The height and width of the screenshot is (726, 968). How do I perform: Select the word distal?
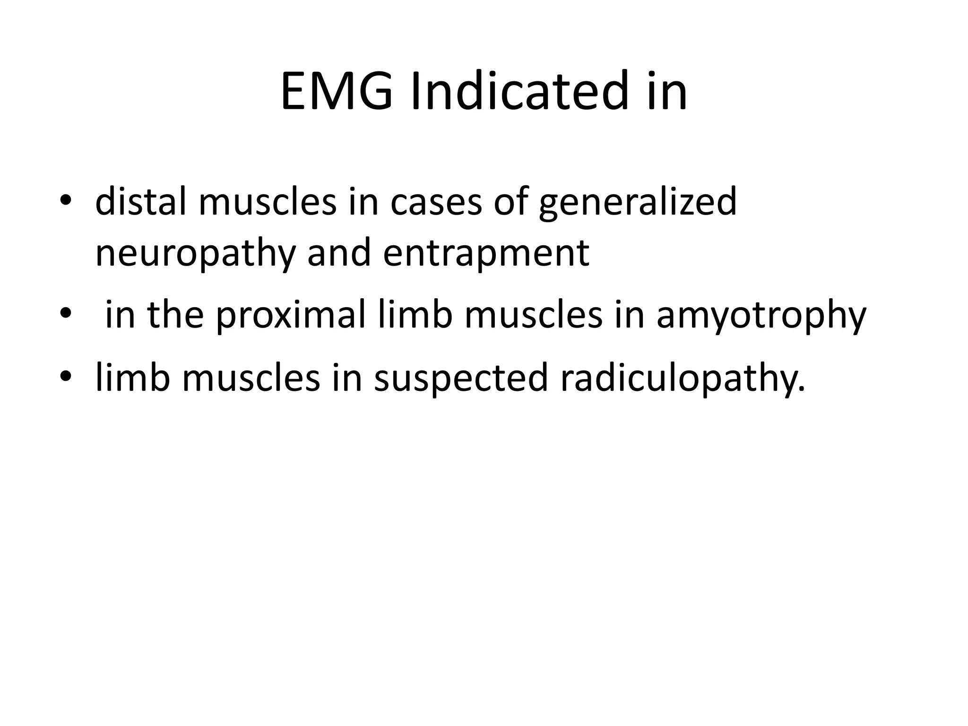point(140,201)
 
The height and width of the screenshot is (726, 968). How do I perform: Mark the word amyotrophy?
point(761,316)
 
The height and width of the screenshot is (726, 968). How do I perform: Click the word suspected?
point(461,378)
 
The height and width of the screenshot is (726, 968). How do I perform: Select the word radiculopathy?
point(683,378)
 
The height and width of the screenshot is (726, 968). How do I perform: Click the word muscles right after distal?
point(268,201)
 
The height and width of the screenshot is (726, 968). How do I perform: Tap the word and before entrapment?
point(338,253)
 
